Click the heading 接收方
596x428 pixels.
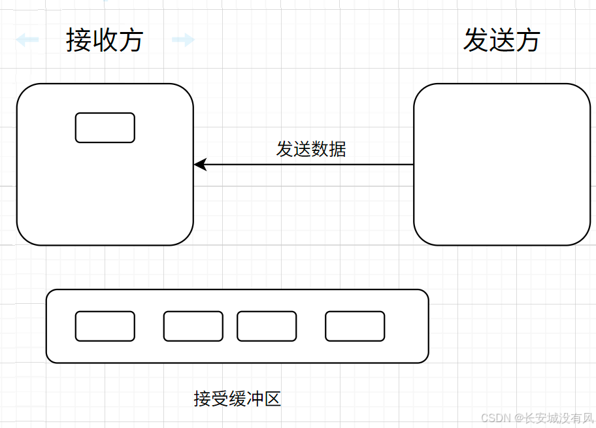105,41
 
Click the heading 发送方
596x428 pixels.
501,41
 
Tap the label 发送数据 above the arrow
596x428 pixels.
311,149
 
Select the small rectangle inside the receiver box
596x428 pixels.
105,127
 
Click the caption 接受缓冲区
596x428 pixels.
237,398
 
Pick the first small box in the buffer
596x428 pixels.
105,326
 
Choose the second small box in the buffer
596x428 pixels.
193,326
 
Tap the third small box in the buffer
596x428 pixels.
267,326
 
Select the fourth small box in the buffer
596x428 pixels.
355,326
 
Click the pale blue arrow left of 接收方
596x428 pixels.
27,41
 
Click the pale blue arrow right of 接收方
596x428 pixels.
183,41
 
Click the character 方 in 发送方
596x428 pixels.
527,41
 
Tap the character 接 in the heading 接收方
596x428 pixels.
78,41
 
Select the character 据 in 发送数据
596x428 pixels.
337,149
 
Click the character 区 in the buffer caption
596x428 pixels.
273,398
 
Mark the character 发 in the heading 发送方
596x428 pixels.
476,41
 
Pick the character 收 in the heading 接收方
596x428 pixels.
105,41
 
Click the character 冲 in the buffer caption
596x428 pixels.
255,398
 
